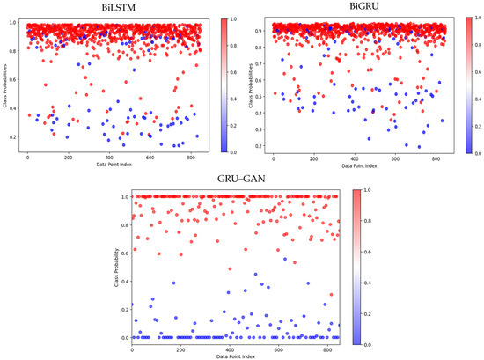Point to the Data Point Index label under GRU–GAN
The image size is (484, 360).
[235, 355]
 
